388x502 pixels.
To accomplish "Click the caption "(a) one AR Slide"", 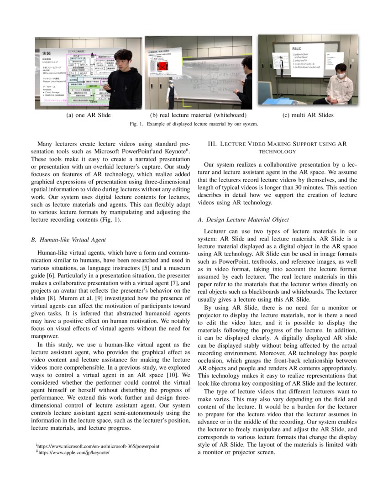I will [x=89, y=115].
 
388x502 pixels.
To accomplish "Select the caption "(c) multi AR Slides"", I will [x=308, y=115].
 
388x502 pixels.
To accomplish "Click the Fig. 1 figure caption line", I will [x=194, y=124].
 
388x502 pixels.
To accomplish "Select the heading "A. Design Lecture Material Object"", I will [x=246, y=220].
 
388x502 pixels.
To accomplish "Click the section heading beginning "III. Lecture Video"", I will [x=278, y=147].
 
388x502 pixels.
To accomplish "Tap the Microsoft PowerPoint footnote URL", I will [x=98, y=446].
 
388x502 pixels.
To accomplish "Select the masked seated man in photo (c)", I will [x=340, y=84].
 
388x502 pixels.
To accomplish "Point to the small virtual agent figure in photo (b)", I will [x=171, y=94].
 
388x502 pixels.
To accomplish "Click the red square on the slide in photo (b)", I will [x=163, y=67].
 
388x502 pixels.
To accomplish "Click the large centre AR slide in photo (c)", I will [x=307, y=59].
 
